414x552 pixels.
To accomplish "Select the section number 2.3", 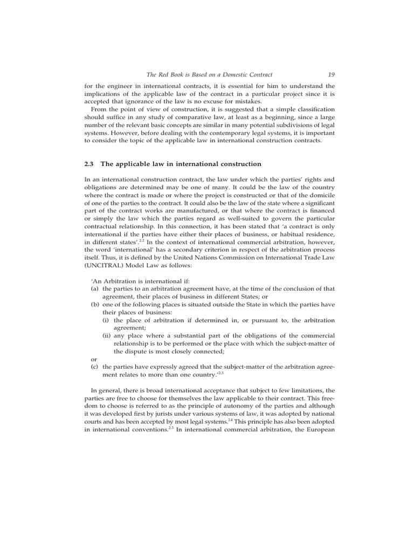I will point(90,163).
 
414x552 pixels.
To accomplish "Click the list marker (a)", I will point(94,289).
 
